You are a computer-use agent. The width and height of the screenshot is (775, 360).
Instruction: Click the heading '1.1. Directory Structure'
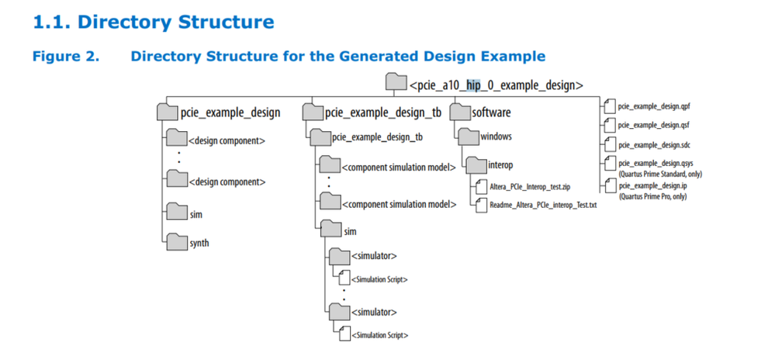coord(153,22)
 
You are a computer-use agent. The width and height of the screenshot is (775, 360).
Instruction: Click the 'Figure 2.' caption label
coord(65,57)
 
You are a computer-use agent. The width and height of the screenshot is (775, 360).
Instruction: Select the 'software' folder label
coord(492,112)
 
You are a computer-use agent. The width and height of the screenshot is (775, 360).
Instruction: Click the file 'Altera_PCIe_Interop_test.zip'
coord(531,187)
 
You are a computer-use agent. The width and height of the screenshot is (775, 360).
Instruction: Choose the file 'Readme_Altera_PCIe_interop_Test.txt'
coord(543,206)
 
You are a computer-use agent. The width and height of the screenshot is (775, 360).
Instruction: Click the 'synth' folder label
coord(199,243)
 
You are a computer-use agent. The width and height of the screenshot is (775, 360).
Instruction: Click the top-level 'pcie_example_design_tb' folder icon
coord(312,112)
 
